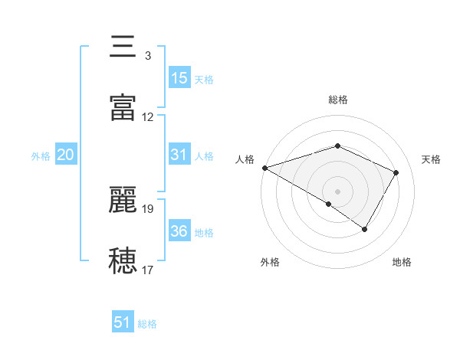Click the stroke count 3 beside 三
pyautogui.click(x=147, y=56)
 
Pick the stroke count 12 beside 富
pyautogui.click(x=148, y=117)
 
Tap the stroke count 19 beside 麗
pyautogui.click(x=148, y=208)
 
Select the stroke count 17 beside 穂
pyautogui.click(x=148, y=270)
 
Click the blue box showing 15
pyautogui.click(x=179, y=78)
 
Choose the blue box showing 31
pyautogui.click(x=179, y=155)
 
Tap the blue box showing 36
pyautogui.click(x=179, y=231)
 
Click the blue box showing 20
pyautogui.click(x=65, y=155)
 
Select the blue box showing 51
pyautogui.click(x=123, y=322)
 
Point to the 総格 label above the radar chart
pyautogui.click(x=337, y=100)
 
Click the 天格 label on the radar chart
pyautogui.click(x=432, y=159)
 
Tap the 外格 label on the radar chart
pyautogui.click(x=270, y=262)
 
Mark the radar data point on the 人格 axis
pyautogui.click(x=264, y=167)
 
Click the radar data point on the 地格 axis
pyautogui.click(x=365, y=229)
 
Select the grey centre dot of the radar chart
pyautogui.click(x=337, y=191)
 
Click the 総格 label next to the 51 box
pyautogui.click(x=147, y=324)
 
